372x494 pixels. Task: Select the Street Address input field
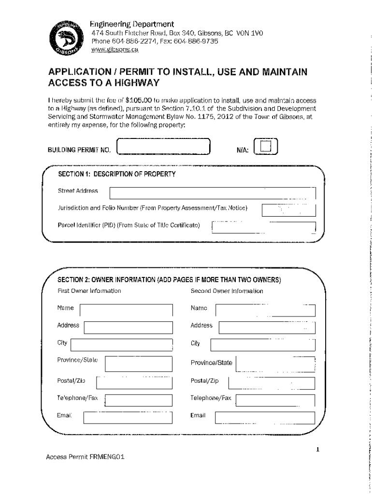point(212,193)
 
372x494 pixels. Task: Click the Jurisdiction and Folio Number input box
point(288,210)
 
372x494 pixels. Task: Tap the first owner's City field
point(121,345)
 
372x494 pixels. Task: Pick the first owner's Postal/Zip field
point(134,382)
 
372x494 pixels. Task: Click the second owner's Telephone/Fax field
point(274,400)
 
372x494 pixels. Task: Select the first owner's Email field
point(128,417)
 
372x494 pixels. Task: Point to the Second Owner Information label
point(227,291)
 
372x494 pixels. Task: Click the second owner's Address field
point(267,328)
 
